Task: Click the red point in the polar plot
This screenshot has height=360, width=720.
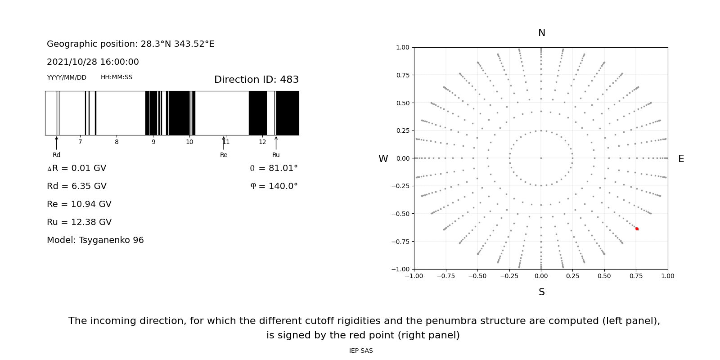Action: tap(637, 229)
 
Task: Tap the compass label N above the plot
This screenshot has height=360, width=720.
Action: tap(541, 33)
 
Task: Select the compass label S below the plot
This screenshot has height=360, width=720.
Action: tap(541, 292)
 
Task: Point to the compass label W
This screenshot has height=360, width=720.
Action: tap(383, 159)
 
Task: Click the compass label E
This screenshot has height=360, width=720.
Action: tap(681, 159)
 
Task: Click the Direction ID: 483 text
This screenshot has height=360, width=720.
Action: tap(256, 80)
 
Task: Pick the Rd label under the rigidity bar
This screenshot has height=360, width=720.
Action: tap(56, 155)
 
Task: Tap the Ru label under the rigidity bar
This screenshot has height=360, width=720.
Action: tap(276, 155)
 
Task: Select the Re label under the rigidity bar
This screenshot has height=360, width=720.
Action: tap(224, 155)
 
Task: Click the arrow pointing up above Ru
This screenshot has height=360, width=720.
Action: tap(276, 142)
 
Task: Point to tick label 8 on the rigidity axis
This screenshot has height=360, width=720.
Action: tap(117, 142)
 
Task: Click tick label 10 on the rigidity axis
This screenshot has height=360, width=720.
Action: tap(189, 142)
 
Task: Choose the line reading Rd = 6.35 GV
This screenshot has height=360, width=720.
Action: tap(76, 186)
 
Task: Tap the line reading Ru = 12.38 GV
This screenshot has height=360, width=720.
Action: tap(79, 222)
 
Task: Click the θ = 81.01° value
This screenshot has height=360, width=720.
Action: tap(274, 168)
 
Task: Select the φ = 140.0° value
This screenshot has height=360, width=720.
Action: tap(274, 186)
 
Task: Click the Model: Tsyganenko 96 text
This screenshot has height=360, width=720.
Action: tap(95, 240)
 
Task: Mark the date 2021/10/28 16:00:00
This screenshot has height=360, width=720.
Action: tap(93, 62)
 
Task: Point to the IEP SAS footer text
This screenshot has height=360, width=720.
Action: tap(361, 351)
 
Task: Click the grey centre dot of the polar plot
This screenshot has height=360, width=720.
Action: tap(541, 158)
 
